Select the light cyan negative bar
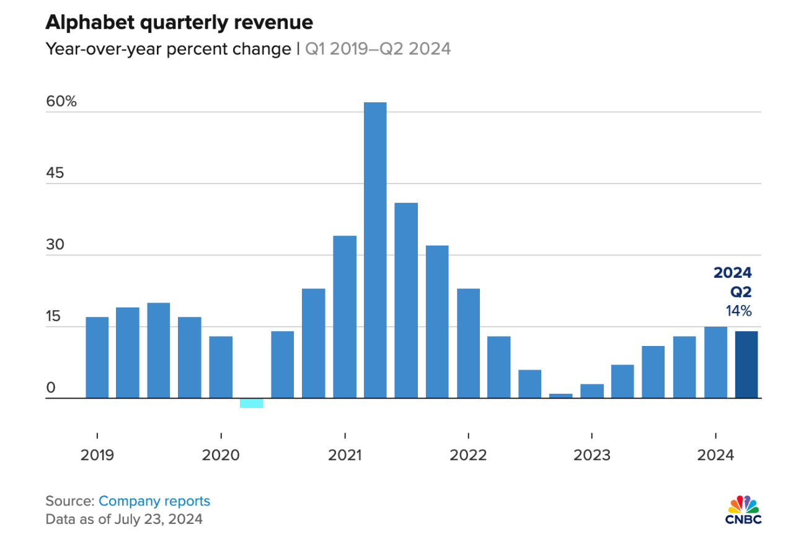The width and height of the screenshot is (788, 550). tap(251, 403)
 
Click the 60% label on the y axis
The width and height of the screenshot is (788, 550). tap(61, 102)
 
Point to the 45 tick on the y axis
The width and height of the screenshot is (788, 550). tap(55, 173)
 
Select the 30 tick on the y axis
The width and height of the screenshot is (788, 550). tap(55, 245)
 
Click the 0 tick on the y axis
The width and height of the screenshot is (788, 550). tap(51, 388)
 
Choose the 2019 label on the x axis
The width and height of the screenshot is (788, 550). tap(97, 455)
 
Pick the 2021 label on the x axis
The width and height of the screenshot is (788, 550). tap(345, 455)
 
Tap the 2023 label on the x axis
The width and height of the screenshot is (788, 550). tap(592, 455)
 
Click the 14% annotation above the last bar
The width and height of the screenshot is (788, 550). tap(739, 311)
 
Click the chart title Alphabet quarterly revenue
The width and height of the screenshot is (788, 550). tap(179, 23)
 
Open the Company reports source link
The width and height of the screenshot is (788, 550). tap(154, 501)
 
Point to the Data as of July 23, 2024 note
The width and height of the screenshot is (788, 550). tap(124, 518)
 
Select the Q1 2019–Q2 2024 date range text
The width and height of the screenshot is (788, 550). tap(378, 49)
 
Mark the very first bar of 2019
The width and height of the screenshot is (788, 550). tap(97, 357)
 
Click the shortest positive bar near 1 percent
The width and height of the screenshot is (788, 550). tap(561, 396)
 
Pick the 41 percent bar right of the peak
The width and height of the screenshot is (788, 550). tap(406, 300)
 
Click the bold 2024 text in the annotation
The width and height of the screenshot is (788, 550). tap(733, 273)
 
